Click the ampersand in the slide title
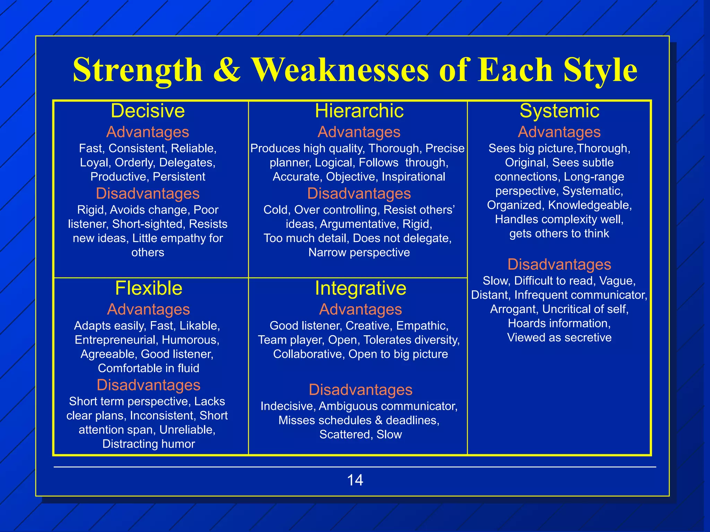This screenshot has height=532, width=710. pos(227,70)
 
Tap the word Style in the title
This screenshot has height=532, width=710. pos(600,70)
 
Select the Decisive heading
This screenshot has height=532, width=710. pos(148,111)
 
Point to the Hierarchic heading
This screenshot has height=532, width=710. pos(359,111)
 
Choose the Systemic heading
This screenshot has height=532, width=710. pos(559,111)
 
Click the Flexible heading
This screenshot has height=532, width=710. pos(149,288)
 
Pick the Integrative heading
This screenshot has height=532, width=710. pos(361,288)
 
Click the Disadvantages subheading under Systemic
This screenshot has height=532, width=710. pos(559,264)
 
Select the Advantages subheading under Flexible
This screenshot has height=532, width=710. pos(149,309)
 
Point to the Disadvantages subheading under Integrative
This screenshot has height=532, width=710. pos(361,390)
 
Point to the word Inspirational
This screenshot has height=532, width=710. pos(413,177)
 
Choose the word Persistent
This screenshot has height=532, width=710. pos(179,177)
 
